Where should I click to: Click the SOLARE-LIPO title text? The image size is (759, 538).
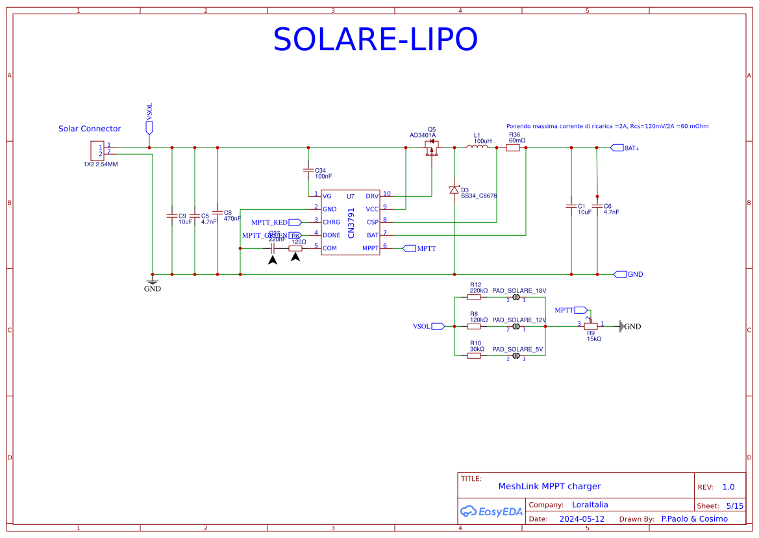[375, 40]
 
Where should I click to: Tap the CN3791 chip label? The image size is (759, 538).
[351, 222]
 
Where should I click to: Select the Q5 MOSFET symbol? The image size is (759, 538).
[431, 149]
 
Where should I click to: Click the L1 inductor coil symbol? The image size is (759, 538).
[477, 147]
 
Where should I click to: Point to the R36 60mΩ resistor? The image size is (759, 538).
[513, 147]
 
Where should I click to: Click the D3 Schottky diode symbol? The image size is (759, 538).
[454, 190]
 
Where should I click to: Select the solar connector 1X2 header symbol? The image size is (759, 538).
[97, 151]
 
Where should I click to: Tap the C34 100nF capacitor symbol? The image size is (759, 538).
[308, 170]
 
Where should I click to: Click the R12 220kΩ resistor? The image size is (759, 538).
[474, 298]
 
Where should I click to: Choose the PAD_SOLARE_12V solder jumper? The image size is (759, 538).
[516, 326]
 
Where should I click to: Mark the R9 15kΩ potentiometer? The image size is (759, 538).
[590, 326]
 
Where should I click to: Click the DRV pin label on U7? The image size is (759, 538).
[372, 196]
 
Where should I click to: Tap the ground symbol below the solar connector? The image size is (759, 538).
[153, 282]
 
